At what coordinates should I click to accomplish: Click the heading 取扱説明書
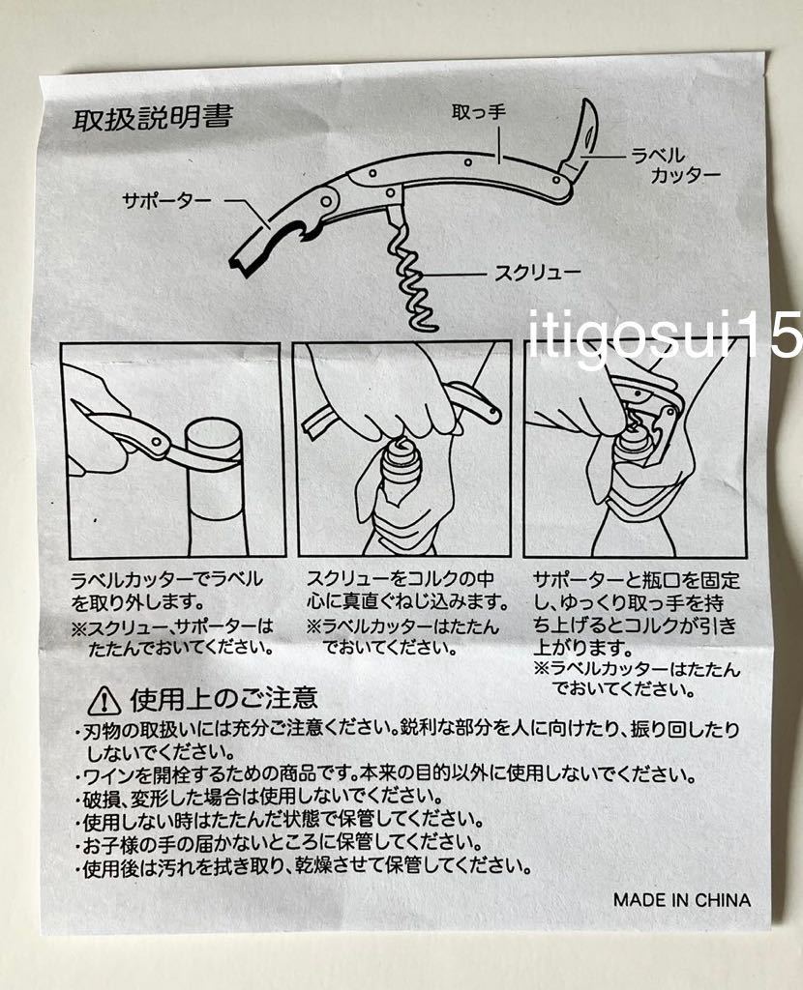click(152, 123)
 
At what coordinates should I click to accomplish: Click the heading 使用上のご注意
click(223, 697)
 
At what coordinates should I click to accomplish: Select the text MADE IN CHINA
click(681, 899)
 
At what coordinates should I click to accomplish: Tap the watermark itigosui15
click(667, 335)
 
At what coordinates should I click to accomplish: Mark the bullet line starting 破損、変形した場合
click(261, 797)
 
